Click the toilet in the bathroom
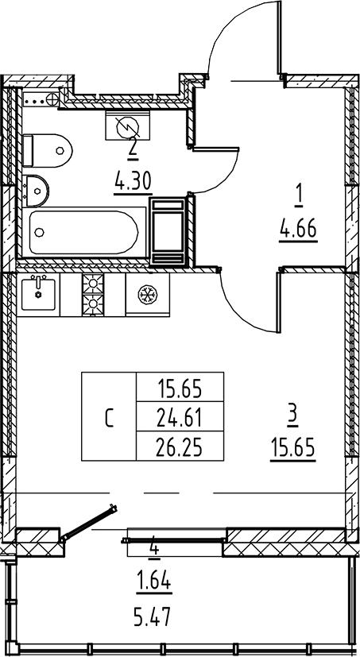pos(47,151)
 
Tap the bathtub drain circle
pos(40,232)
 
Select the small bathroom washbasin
pos(36,191)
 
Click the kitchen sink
pos(38,295)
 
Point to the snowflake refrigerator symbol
pos(148,295)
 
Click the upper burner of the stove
pos(93,284)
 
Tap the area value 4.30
pos(133,183)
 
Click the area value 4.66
pos(299,230)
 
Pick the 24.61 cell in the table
pos(180,417)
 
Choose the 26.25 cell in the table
pos(180,446)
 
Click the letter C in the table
pos(110,418)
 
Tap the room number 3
pos(293,417)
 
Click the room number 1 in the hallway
pos(298,199)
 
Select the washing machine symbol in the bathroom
pos(127,126)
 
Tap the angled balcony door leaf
pos(89,522)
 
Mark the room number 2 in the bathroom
pos(133,148)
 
